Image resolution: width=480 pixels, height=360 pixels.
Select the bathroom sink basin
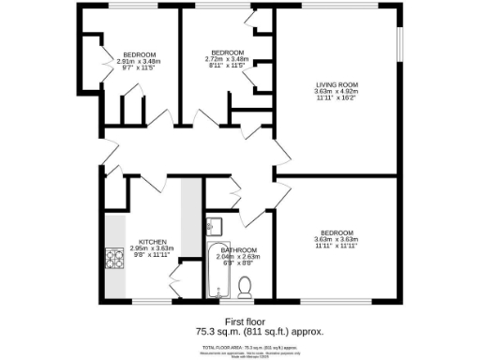point(214,226)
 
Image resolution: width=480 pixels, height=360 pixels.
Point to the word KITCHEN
point(153,241)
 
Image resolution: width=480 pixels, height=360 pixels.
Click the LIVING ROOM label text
point(336,86)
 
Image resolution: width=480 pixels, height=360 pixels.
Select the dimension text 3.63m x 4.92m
point(336,93)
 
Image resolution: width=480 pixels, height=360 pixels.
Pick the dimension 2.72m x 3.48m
point(228,59)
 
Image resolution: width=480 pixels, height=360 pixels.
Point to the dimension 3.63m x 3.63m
point(337,239)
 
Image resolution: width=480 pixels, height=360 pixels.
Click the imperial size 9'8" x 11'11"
point(153,254)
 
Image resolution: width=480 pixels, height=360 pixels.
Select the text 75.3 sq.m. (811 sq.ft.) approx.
point(240,332)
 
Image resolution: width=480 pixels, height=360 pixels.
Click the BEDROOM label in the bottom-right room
point(337,232)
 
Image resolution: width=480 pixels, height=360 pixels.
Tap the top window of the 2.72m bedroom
point(223,9)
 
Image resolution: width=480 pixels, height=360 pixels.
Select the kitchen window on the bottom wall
point(149,303)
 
